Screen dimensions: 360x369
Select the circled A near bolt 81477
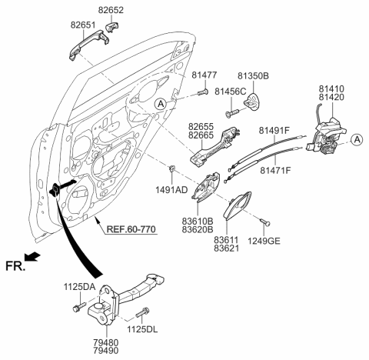(x=158, y=103)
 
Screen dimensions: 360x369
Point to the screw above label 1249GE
(x=264, y=223)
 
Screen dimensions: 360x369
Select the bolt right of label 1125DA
(x=77, y=307)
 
